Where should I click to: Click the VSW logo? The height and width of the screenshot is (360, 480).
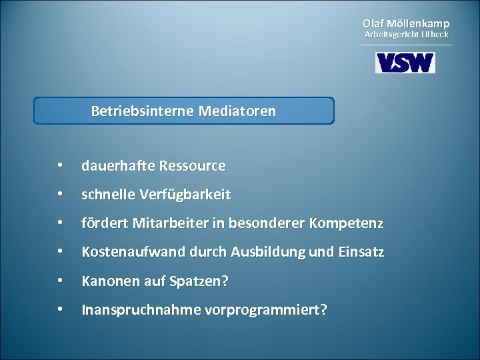pos(405,63)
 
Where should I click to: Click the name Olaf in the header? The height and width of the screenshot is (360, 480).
pos(373,23)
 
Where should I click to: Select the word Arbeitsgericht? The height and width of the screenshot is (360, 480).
pos(390,34)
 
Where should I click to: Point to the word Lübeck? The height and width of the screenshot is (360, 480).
pos(434,34)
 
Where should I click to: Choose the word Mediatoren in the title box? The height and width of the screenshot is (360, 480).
pos(237,111)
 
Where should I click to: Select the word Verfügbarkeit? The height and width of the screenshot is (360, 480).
pos(185,195)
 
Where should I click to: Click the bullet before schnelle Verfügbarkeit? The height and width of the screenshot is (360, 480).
pos(60,195)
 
